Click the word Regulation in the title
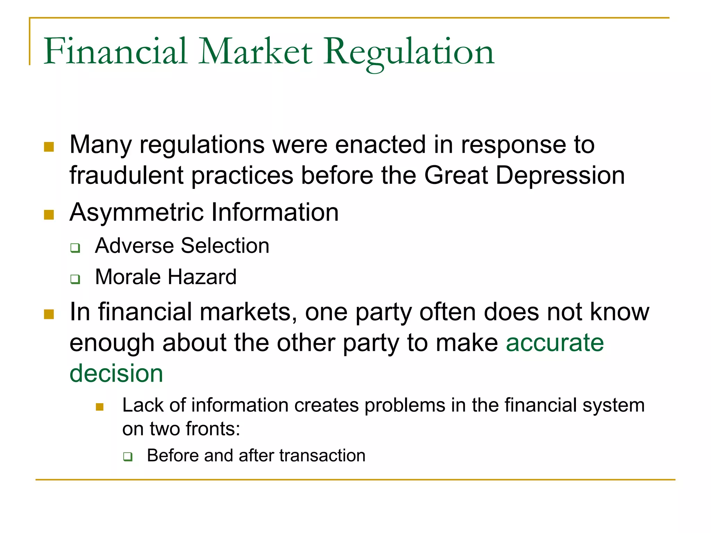coord(409,52)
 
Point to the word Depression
coord(559,176)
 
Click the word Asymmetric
coord(136,212)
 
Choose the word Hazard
coord(202,277)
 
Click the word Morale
coord(128,277)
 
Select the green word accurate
coord(555,343)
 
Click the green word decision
coord(116,374)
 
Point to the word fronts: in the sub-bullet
coord(213,429)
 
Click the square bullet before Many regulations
coord(49,147)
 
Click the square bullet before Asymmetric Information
coord(49,215)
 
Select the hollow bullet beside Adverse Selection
coord(75,248)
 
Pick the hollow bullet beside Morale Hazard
coord(75,279)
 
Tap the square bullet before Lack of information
coord(100,407)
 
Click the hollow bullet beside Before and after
coord(128,457)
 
